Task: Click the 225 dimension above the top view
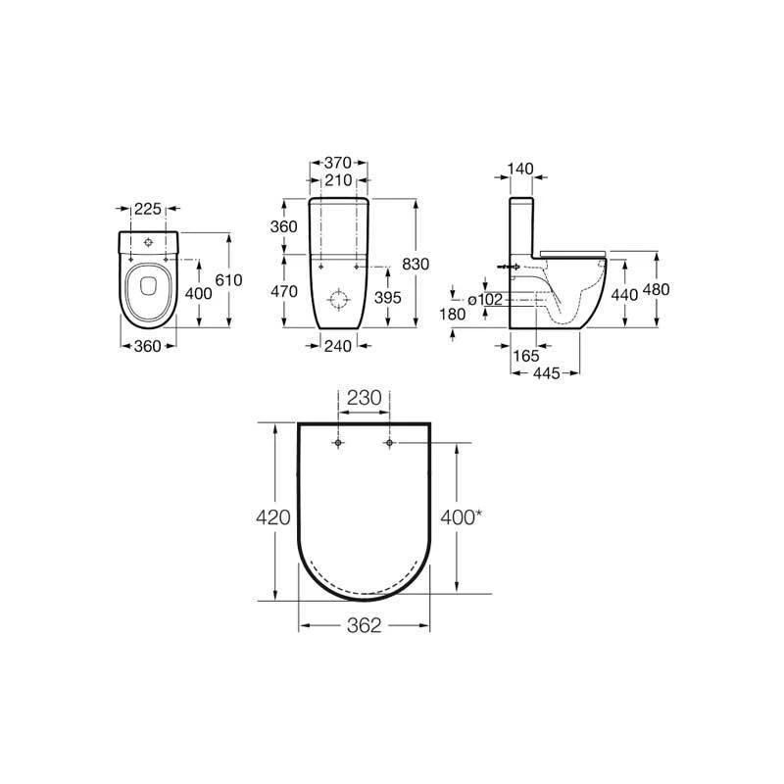pyautogui.click(x=148, y=208)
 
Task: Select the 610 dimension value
pyautogui.click(x=228, y=280)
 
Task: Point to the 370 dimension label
pyautogui.click(x=338, y=164)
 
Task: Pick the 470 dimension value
pyautogui.click(x=283, y=291)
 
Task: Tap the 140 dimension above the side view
pyautogui.click(x=521, y=169)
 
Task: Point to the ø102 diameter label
pyautogui.click(x=485, y=300)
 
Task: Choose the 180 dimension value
pyautogui.click(x=454, y=314)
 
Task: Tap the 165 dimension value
pyautogui.click(x=526, y=356)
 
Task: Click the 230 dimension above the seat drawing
pyautogui.click(x=364, y=399)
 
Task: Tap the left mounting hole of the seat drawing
pyautogui.click(x=337, y=444)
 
